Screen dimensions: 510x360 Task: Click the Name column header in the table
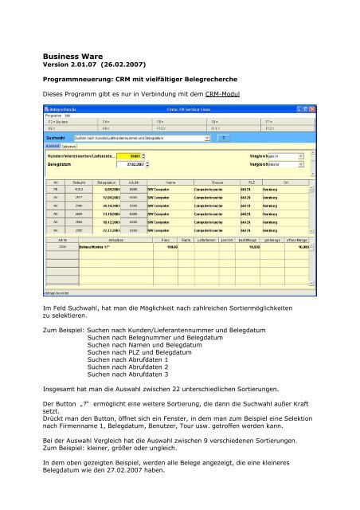[x=165, y=182]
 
